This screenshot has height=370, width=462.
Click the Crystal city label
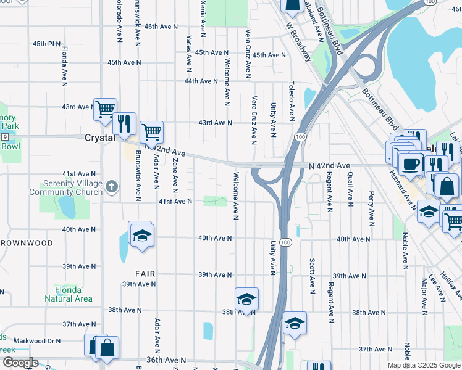click(x=99, y=138)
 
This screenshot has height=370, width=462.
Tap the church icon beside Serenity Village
click(x=111, y=184)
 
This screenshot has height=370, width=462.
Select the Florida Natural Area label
click(x=69, y=294)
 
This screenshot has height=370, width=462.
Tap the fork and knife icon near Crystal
click(x=125, y=123)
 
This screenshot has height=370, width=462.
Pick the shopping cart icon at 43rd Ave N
click(x=106, y=109)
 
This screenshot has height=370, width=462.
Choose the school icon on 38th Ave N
click(x=246, y=299)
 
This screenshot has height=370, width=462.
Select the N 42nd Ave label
click(x=329, y=166)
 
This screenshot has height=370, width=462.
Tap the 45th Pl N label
click(x=47, y=44)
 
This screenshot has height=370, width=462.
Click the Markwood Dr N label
click(x=38, y=340)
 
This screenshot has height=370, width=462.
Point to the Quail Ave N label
click(x=350, y=189)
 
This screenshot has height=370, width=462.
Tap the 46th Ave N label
click(x=161, y=27)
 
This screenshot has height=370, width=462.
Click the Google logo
click(x=20, y=363)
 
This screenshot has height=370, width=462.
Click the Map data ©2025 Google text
click(x=423, y=365)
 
